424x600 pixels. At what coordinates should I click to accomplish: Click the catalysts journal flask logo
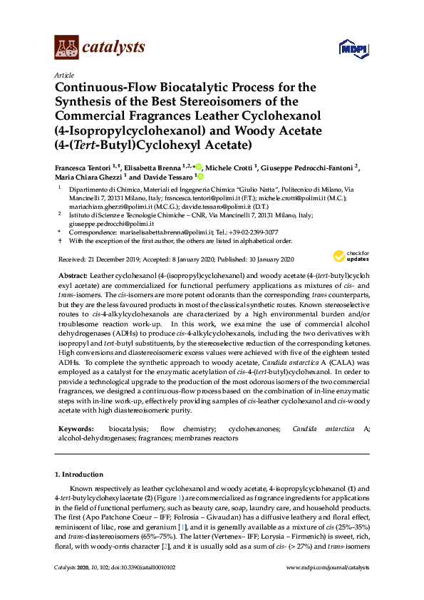(x=66, y=47)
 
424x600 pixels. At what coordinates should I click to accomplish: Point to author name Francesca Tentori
(x=85, y=168)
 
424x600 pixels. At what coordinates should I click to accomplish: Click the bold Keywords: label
(x=75, y=429)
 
